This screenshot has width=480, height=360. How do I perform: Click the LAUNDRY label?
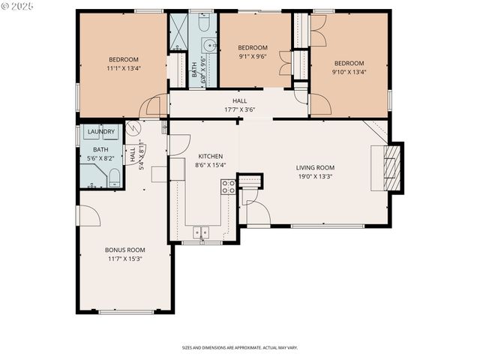point(101,132)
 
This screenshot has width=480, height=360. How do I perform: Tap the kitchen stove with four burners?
point(228,187)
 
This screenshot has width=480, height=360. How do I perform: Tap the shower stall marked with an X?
point(178,32)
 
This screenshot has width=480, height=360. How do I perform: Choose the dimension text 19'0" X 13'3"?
point(315,177)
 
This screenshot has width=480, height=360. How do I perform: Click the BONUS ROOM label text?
point(124,250)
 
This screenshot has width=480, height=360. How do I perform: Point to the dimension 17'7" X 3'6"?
point(239,109)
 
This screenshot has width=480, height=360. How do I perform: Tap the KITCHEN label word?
point(210,157)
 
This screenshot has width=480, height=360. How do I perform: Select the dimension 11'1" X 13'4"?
point(124,68)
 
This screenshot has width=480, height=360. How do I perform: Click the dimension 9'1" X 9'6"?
point(253,55)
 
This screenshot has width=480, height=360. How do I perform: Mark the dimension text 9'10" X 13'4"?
point(349,72)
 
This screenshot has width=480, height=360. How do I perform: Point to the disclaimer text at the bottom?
point(239,348)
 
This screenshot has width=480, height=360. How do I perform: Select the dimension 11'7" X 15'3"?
point(124,259)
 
